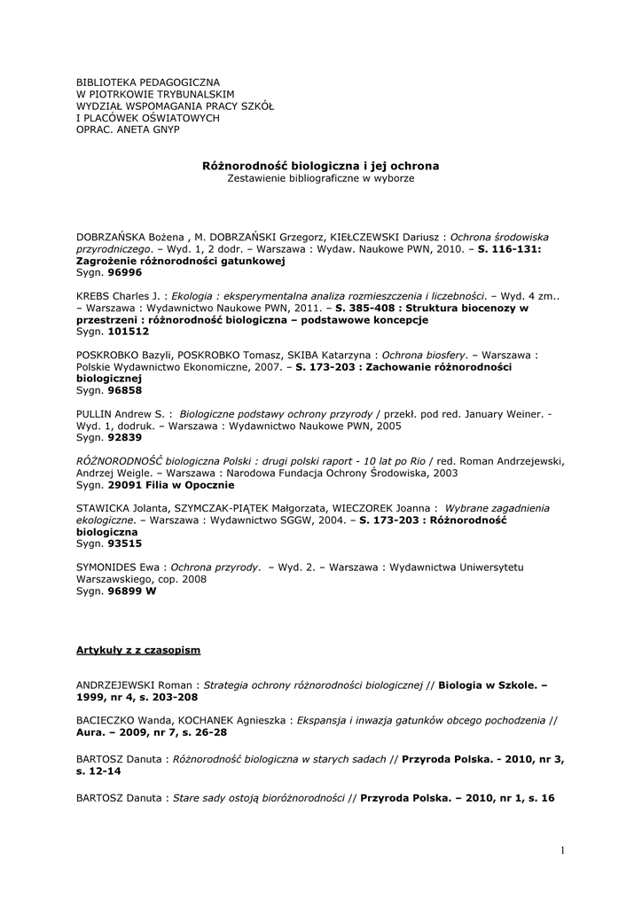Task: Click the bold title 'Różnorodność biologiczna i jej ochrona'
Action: point(320,165)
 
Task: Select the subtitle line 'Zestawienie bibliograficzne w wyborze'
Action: point(320,177)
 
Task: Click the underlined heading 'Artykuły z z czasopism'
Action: point(137,650)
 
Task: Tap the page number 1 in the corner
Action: point(561,850)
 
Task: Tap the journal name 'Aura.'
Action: point(91,732)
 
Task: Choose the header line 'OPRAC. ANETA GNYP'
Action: point(128,129)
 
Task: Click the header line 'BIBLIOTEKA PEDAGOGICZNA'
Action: point(147,82)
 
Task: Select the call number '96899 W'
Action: point(131,591)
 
